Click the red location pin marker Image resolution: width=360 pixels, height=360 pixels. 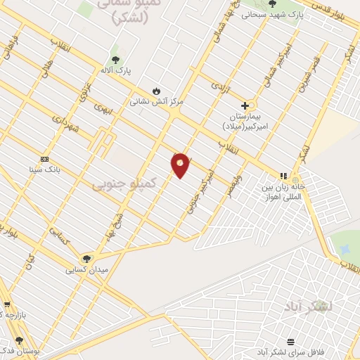click(x=181, y=165)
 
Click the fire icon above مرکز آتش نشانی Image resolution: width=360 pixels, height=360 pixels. click(x=156, y=91)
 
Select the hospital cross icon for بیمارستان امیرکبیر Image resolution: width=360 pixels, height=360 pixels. click(x=245, y=105)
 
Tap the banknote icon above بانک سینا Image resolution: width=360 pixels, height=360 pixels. click(x=46, y=159)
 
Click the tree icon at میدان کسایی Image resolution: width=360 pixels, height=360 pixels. click(x=86, y=258)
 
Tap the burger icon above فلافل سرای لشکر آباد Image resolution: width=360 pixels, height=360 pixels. click(x=290, y=342)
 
